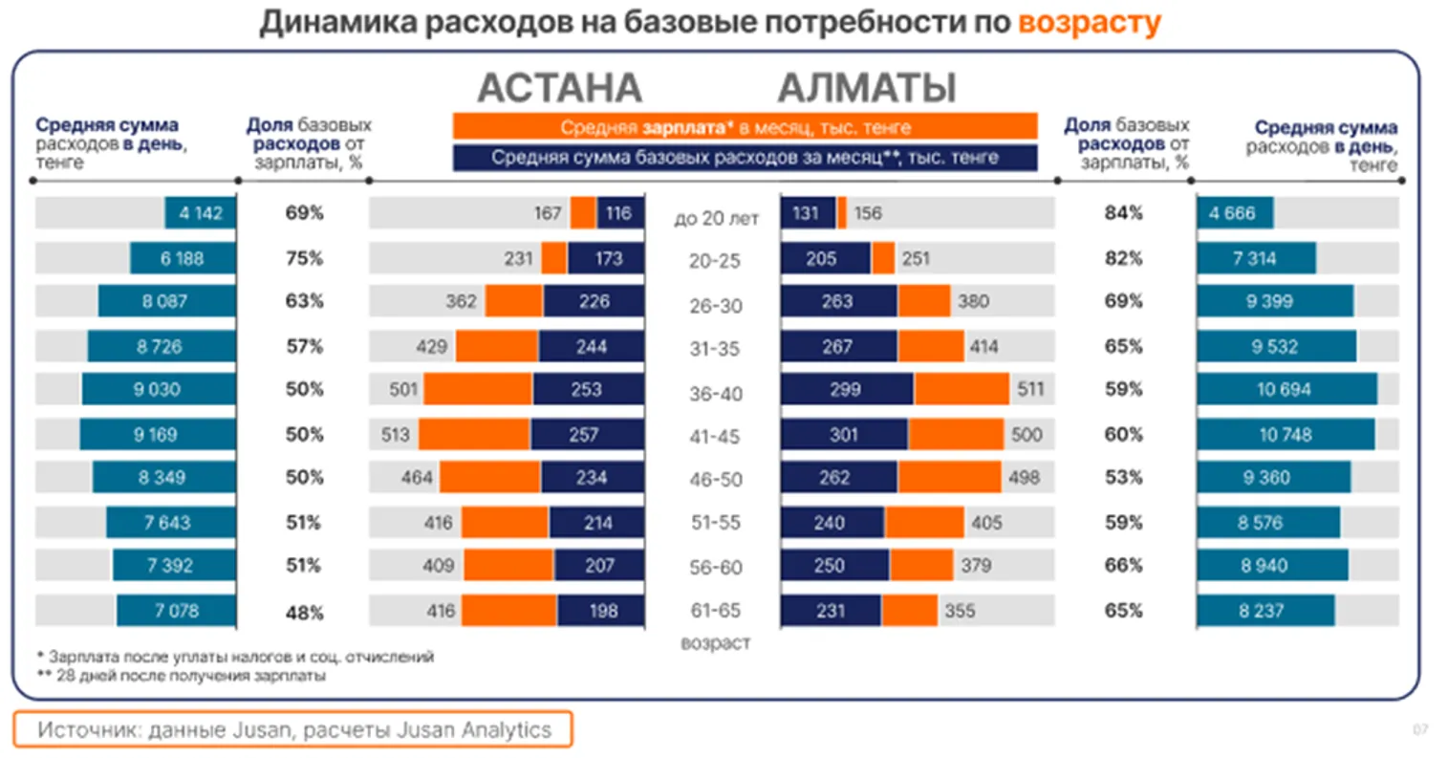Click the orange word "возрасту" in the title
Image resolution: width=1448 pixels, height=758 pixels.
[x=1089, y=22]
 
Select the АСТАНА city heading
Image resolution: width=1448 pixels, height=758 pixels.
[x=559, y=88]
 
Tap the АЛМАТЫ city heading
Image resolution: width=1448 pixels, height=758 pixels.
[x=866, y=88]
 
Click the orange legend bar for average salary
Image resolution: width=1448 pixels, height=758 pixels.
[x=745, y=127]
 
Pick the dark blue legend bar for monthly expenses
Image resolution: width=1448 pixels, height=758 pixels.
[x=745, y=158]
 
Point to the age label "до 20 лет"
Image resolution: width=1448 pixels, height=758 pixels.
[x=716, y=219]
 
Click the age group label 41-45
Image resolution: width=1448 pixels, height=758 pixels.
[x=715, y=437]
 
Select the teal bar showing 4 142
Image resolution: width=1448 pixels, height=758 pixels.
[x=200, y=213]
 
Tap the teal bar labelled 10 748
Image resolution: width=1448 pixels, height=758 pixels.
[x=1286, y=435]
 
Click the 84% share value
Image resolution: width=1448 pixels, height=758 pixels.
[x=1123, y=213]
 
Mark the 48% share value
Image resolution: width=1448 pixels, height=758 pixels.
[x=304, y=613]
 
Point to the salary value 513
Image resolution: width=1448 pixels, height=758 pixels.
[x=395, y=435]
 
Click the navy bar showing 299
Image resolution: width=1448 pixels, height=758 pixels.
[x=846, y=390]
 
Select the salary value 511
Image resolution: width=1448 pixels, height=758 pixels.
[x=1030, y=390]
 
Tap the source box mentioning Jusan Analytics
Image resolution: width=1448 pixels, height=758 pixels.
[x=293, y=730]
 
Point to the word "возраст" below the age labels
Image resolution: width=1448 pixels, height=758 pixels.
[x=715, y=643]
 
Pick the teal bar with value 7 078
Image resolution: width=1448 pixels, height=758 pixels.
[x=177, y=611]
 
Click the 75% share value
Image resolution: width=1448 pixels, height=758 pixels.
[x=304, y=258]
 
